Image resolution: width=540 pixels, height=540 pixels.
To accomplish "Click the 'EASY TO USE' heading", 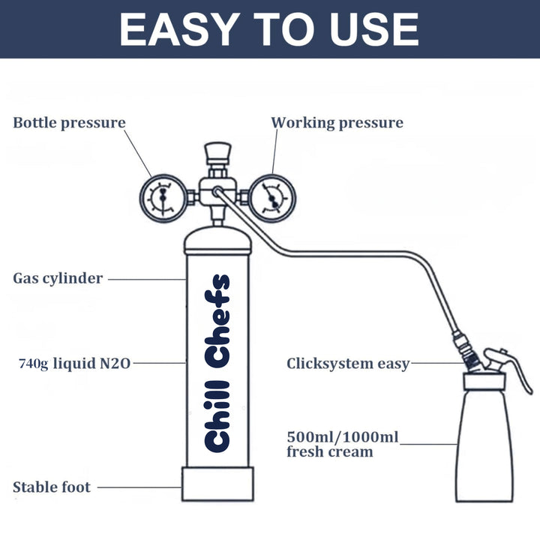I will (x=269, y=29).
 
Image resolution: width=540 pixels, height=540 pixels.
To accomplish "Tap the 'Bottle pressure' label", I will (x=69, y=122).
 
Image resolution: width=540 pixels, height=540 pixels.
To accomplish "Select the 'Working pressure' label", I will (x=337, y=122).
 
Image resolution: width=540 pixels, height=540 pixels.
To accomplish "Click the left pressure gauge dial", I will (x=162, y=197).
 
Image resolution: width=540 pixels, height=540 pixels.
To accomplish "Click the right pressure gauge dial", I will (x=268, y=197).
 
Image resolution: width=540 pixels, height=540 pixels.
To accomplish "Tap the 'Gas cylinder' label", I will (x=58, y=278).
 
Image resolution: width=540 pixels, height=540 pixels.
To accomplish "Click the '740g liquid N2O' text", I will (x=75, y=364).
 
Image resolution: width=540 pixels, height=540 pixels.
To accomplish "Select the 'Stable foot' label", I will (x=52, y=487).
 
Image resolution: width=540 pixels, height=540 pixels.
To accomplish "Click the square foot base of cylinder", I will (x=217, y=484).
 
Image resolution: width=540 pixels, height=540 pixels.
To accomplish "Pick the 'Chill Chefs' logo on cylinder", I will (x=217, y=363).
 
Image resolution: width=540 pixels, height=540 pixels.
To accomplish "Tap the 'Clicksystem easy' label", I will (x=348, y=364).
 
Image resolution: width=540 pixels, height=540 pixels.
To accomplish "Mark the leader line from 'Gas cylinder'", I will (x=146, y=279).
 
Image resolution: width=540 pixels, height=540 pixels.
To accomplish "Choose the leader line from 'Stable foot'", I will (x=139, y=487).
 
